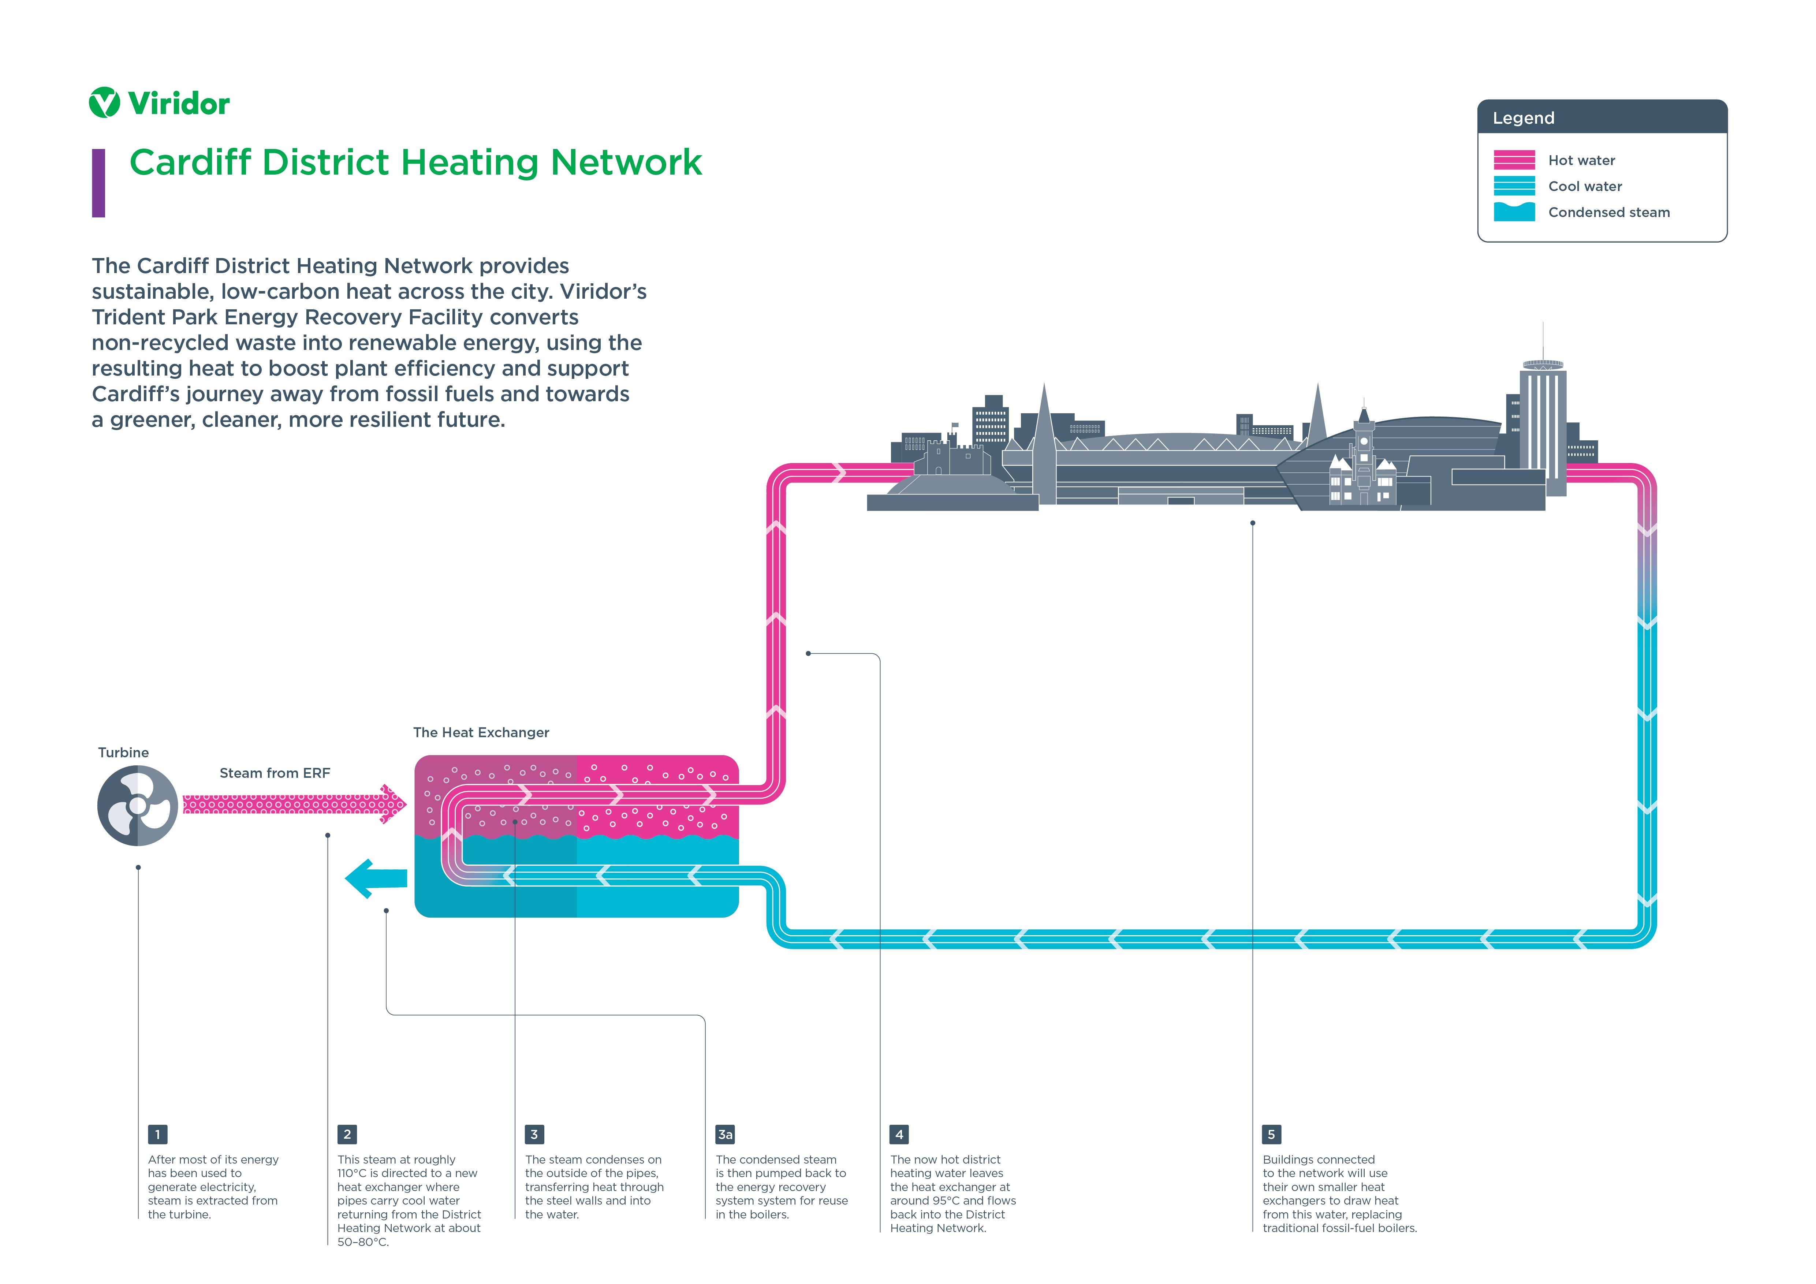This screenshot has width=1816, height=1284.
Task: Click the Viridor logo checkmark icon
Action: click(x=104, y=103)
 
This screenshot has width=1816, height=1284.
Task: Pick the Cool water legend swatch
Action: click(x=1514, y=186)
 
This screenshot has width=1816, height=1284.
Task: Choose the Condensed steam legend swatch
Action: click(x=1514, y=212)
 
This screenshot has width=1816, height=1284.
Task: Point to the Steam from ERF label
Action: click(x=275, y=773)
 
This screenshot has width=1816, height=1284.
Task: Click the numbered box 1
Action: click(x=157, y=1135)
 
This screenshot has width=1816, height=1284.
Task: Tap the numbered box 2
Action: click(x=346, y=1135)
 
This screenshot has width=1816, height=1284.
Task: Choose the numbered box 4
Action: click(x=899, y=1135)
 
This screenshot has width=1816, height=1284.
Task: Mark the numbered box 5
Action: click(x=1271, y=1135)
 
